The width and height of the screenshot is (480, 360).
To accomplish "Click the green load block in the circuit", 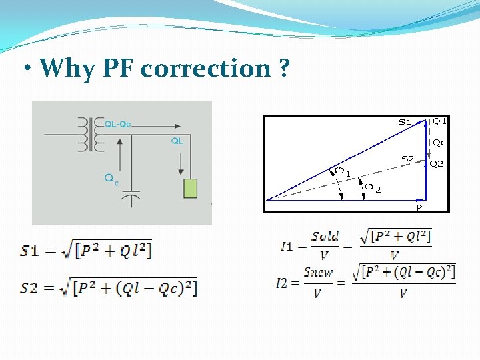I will [x=191, y=189].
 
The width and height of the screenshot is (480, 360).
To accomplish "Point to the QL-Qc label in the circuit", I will [x=118, y=123].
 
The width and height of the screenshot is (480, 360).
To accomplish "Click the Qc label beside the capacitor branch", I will [x=111, y=178].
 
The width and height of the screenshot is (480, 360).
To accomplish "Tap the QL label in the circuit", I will [x=177, y=141].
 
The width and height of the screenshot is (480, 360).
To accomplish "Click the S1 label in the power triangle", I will [x=405, y=122].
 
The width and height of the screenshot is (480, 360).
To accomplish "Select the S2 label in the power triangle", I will [x=407, y=158].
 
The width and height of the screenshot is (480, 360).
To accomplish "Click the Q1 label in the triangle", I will [x=439, y=121].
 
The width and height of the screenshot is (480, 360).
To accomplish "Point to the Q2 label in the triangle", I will [x=437, y=164].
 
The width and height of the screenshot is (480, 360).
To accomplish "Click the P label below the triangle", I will [x=419, y=207].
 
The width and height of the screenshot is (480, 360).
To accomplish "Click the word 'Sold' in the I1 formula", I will [x=325, y=237].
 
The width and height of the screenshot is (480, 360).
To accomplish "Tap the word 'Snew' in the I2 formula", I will [x=318, y=272].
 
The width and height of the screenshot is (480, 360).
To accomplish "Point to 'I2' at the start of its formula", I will [x=282, y=283].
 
